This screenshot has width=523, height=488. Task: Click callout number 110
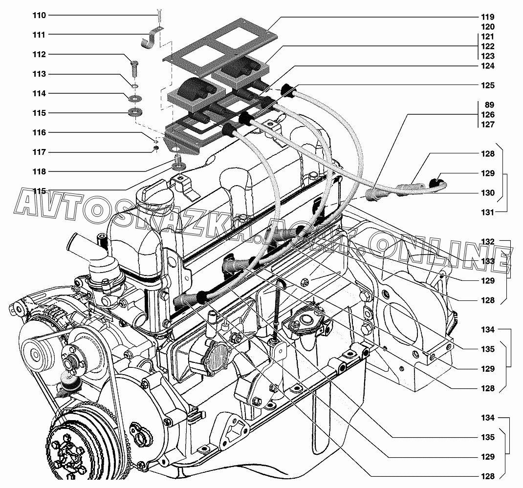(39, 15)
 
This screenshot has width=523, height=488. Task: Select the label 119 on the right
(488, 17)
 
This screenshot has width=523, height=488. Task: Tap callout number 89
(489, 105)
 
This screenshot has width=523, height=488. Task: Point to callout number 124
(488, 66)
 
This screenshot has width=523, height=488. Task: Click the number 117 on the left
(39, 152)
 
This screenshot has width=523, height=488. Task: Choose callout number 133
(488, 261)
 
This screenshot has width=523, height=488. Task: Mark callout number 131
(488, 212)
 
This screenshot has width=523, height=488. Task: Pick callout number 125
(488, 85)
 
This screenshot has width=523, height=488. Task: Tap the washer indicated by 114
(135, 99)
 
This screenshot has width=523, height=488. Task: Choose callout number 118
(39, 171)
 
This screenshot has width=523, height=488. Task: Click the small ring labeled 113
(134, 86)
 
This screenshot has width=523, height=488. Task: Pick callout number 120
(488, 27)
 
